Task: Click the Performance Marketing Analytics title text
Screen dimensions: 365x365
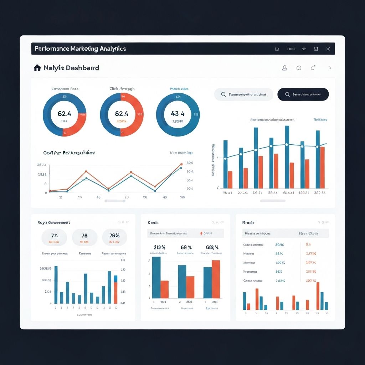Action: click(80, 48)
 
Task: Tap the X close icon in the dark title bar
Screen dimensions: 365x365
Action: click(328, 49)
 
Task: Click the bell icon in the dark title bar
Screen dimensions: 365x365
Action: click(277, 49)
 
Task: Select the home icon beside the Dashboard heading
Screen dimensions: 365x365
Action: click(37, 67)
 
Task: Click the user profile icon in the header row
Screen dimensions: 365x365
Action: click(284, 68)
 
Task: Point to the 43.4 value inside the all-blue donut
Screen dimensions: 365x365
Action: click(178, 114)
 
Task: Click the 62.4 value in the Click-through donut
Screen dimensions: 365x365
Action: click(122, 114)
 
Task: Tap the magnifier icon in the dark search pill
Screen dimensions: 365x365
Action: click(287, 94)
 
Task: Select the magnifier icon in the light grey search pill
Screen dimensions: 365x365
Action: click(223, 94)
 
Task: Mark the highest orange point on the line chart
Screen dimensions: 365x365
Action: click(181, 164)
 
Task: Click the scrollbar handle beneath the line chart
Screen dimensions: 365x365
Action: click(115, 201)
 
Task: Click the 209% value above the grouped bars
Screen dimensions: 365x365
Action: click(159, 247)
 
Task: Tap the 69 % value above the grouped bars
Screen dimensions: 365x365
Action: click(186, 247)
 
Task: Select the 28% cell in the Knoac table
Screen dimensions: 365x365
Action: click(279, 253)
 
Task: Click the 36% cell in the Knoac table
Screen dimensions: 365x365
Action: click(279, 271)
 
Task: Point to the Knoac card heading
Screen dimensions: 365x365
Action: click(248, 222)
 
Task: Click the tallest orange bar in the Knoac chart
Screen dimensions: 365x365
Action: click(318, 296)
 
